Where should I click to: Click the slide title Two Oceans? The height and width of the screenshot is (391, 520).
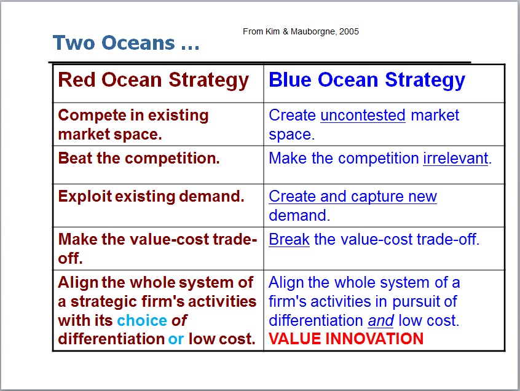(125, 43)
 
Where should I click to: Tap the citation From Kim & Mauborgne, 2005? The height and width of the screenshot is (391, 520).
(301, 31)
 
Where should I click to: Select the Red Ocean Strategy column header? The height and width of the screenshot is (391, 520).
(153, 81)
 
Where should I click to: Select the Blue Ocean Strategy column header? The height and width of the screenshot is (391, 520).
(367, 81)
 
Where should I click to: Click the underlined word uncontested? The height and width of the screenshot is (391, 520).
(363, 116)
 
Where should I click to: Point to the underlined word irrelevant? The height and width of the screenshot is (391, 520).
(455, 159)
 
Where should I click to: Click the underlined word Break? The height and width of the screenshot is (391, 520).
(289, 239)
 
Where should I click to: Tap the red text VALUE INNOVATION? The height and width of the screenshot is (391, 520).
(346, 339)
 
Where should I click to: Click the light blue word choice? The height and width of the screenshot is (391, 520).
(142, 320)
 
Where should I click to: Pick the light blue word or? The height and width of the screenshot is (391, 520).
(176, 339)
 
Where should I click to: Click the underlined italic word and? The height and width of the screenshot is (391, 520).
(380, 320)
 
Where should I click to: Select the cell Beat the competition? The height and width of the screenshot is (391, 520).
(139, 159)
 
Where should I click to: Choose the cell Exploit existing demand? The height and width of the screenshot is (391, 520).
(151, 197)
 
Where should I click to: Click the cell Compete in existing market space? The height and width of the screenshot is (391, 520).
(133, 124)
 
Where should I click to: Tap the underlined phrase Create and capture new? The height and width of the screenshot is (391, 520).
(353, 197)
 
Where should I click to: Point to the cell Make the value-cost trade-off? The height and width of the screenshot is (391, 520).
(157, 248)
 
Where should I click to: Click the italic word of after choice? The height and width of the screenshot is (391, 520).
(179, 320)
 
